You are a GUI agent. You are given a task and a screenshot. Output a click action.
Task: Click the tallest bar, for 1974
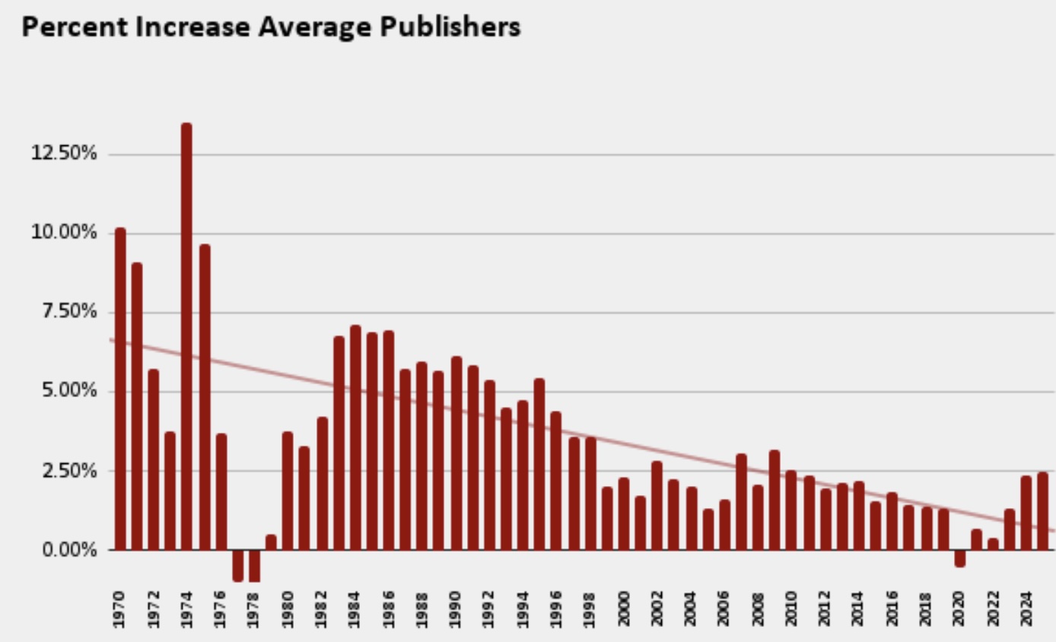click(186, 335)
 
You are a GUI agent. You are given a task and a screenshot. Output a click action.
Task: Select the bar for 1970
click(120, 388)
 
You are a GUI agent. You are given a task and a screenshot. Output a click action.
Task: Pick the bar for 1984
click(355, 437)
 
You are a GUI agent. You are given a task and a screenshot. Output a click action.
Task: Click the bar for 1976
click(221, 491)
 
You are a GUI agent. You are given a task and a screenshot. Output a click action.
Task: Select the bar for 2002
click(657, 505)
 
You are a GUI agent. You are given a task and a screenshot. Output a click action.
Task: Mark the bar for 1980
click(288, 491)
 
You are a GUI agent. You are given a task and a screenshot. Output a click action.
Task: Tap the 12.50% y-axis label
click(64, 154)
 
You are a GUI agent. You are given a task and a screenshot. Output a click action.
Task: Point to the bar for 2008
click(758, 516)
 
